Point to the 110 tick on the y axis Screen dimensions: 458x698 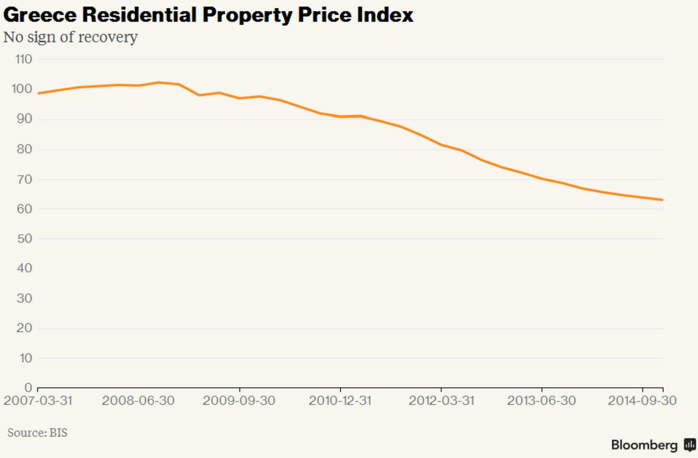[x=24, y=59]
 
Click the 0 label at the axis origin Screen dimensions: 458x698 [x=28, y=388]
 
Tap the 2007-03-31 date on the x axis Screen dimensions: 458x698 [x=38, y=401]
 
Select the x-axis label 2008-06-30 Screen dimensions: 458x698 [x=138, y=401]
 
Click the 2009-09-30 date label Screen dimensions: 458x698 [x=239, y=401]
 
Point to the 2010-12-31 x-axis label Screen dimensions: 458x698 [x=340, y=401]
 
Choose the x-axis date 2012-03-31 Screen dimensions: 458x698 [x=441, y=401]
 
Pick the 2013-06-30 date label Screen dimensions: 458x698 [x=541, y=401]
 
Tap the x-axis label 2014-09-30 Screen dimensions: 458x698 [x=642, y=401]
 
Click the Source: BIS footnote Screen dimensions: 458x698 [x=37, y=433]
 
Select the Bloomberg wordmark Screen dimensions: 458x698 [x=644, y=445]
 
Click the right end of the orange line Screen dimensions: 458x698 [x=662, y=200]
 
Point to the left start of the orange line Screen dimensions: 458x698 [x=39, y=93]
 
